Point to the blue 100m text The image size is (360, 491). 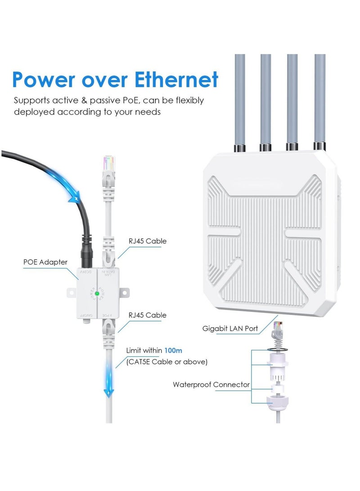(x=173, y=350)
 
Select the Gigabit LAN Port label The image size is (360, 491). (x=230, y=329)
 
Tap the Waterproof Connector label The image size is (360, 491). (x=211, y=385)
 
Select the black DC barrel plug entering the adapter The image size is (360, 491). (x=87, y=254)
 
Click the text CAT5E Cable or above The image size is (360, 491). (x=167, y=361)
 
